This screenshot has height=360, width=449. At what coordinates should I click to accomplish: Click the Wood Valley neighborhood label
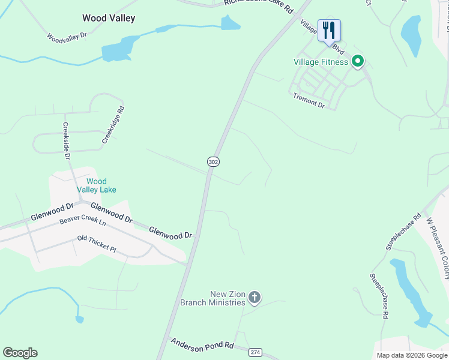click(109, 18)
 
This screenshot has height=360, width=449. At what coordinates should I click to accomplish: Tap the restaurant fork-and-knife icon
click(329, 30)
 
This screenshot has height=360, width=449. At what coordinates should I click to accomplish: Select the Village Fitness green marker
click(358, 61)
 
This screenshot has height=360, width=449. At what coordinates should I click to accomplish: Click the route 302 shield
click(214, 161)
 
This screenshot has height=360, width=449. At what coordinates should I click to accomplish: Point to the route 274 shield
click(256, 352)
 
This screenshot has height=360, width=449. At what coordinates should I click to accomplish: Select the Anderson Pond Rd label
click(202, 345)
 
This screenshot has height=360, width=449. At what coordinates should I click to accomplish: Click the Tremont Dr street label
click(309, 100)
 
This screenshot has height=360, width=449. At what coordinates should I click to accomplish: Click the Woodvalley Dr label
click(67, 37)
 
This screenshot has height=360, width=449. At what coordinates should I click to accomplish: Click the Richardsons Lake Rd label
click(258, 7)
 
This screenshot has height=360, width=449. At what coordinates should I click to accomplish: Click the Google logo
click(20, 353)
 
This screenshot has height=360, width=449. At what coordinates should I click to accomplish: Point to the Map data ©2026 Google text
click(411, 355)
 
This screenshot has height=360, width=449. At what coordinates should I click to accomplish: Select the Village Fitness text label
click(321, 62)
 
